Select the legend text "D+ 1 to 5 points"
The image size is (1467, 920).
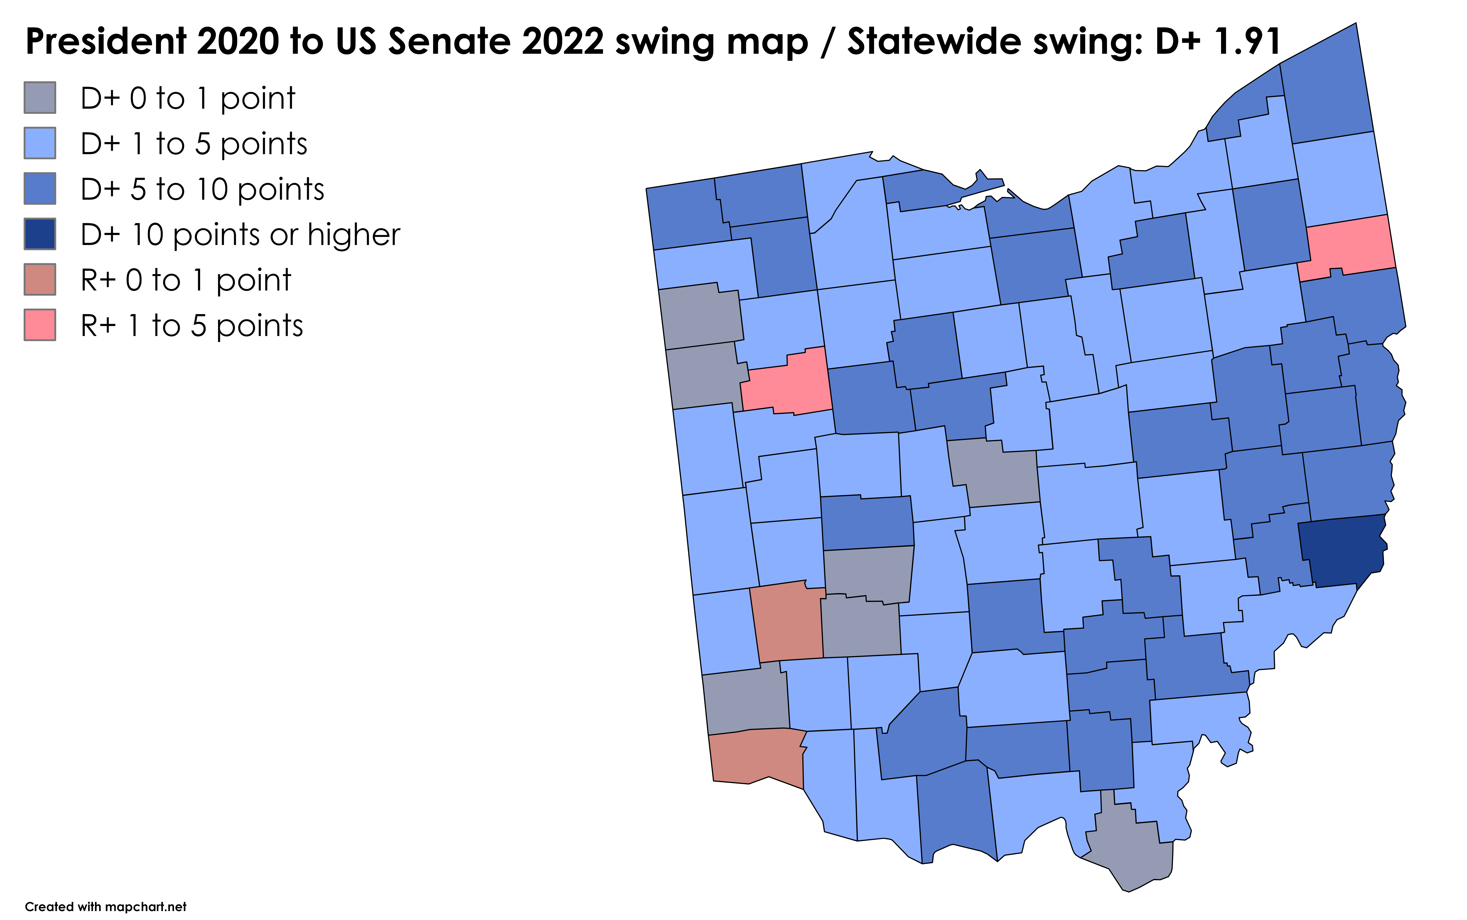193,144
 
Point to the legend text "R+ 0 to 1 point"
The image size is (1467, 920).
186,281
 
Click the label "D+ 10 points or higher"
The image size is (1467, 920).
240,235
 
